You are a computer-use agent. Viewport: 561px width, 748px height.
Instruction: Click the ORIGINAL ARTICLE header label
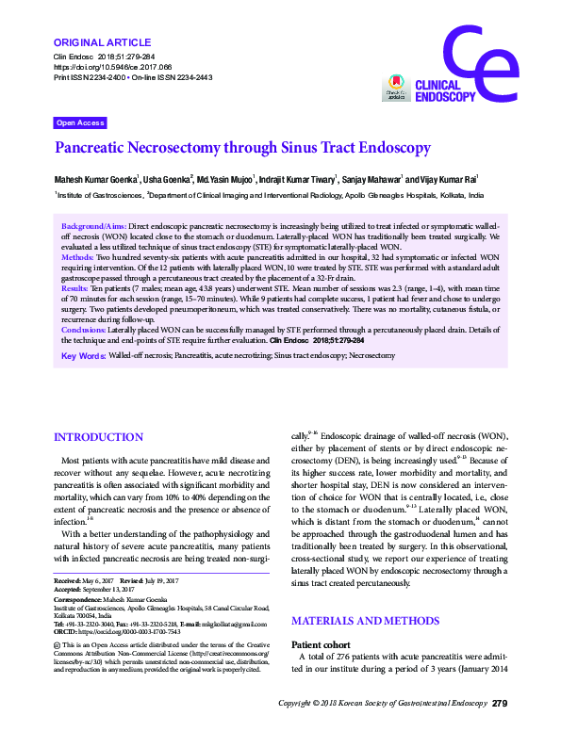tap(103, 42)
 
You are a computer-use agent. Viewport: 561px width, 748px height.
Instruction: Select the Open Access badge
tap(80, 123)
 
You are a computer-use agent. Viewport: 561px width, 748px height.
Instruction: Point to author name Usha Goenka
tap(166, 178)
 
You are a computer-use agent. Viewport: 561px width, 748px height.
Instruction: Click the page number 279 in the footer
tap(501, 730)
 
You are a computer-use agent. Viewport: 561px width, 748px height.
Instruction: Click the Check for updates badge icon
tap(395, 89)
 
